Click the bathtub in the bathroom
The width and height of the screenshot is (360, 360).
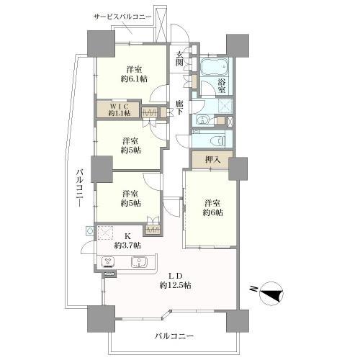pyautogui.click(x=215, y=70)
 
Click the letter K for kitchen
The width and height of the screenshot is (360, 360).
pyautogui.click(x=128, y=236)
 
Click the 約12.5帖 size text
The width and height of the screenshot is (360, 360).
pyautogui.click(x=175, y=286)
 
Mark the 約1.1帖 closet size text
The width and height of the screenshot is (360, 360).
pyautogui.click(x=120, y=113)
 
